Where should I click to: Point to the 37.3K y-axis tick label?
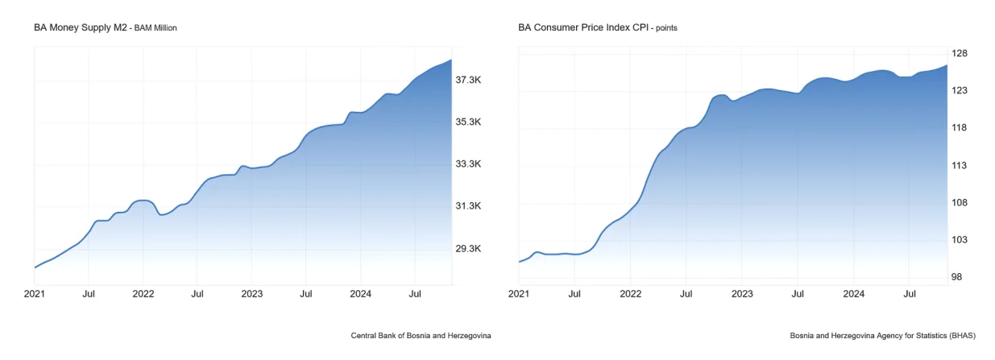point(469,81)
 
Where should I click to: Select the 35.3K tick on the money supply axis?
point(469,122)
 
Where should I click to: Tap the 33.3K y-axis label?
point(469,164)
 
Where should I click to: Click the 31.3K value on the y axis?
point(469,206)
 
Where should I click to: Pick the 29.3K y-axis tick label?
point(469,249)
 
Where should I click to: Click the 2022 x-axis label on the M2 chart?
point(143,295)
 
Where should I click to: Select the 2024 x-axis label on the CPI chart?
point(853,295)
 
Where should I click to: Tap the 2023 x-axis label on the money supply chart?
point(252,295)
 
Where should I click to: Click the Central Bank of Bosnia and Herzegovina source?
point(421,335)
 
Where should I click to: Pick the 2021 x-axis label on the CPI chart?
point(519,295)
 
